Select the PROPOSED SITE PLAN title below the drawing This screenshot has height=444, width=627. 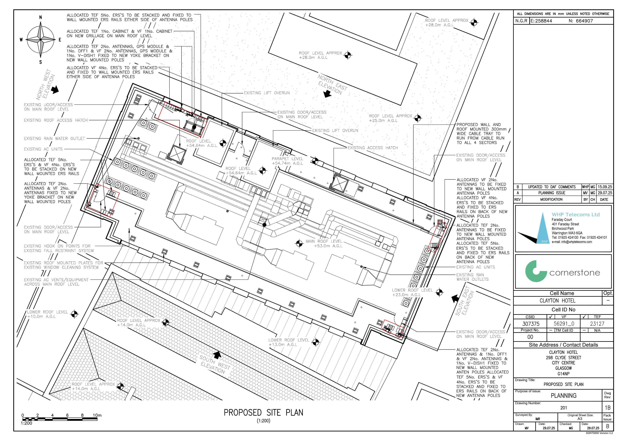click(x=264, y=413)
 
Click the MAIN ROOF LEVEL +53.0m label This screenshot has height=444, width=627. click(x=324, y=244)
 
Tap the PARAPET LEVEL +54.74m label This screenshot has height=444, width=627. click(x=287, y=161)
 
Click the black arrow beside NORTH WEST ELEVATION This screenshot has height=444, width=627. click(x=55, y=89)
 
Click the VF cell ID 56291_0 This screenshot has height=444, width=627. click(x=564, y=324)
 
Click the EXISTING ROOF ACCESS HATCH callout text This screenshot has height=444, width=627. click(x=56, y=120)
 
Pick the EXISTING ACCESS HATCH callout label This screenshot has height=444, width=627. click(x=373, y=148)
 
